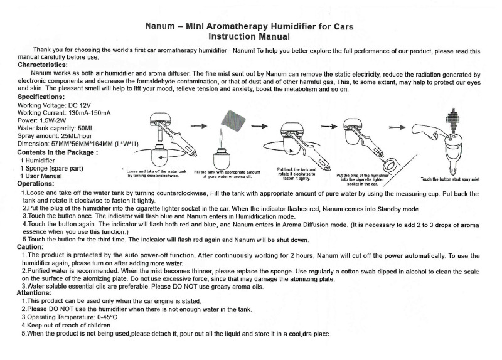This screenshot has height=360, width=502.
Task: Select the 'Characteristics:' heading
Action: tap(43, 65)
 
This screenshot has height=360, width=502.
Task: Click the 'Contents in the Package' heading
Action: tap(57, 152)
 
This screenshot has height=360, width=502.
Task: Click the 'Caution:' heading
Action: tap(30, 247)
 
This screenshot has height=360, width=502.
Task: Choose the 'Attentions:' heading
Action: tap(34, 293)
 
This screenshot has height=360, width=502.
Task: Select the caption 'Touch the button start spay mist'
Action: tap(449, 179)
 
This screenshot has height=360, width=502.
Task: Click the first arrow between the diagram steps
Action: tap(199, 126)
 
